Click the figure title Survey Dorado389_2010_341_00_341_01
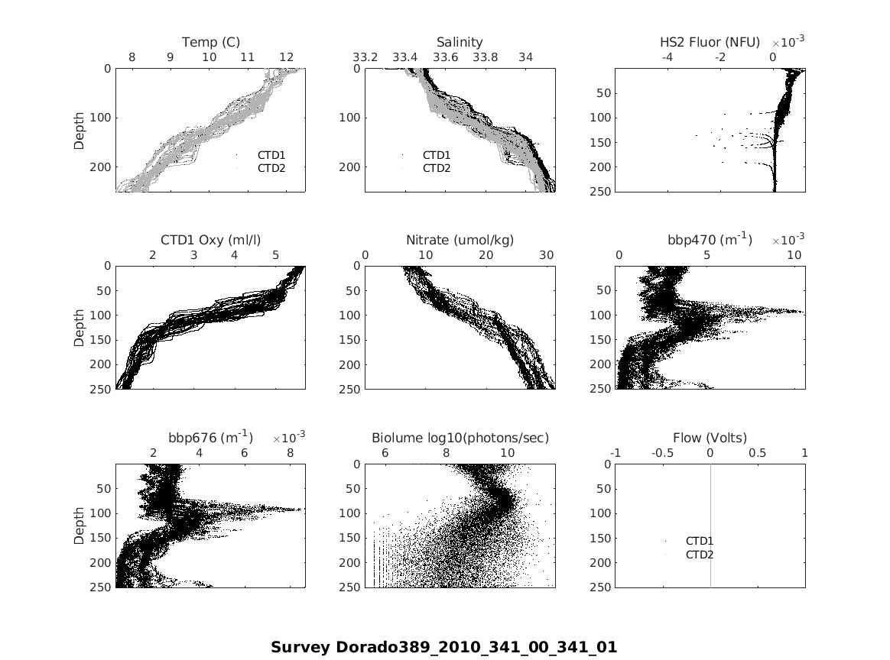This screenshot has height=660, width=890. coord(443,648)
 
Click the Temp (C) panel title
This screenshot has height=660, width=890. coord(211,42)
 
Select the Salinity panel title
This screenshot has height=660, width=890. coord(460,42)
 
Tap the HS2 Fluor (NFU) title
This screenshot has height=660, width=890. coord(710,42)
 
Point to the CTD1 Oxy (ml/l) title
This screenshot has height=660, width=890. coord(210,240)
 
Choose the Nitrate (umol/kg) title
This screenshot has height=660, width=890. coord(460,240)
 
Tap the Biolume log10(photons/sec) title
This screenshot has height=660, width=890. coord(460,438)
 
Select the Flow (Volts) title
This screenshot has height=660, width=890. coord(710,438)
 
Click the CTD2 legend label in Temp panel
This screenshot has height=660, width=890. coord(271,168)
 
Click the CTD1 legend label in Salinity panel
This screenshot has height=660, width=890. coord(437,155)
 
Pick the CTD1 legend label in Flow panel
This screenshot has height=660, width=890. coord(700,542)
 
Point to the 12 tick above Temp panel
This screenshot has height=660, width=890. coord(286,57)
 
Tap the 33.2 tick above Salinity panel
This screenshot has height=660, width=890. coord(365,57)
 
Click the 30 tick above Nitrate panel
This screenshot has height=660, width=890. coord(546,255)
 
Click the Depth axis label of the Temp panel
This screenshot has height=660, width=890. coord(80,130)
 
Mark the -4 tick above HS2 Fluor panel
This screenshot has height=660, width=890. coord(667,57)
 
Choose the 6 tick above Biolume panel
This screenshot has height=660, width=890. coord(385,453)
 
